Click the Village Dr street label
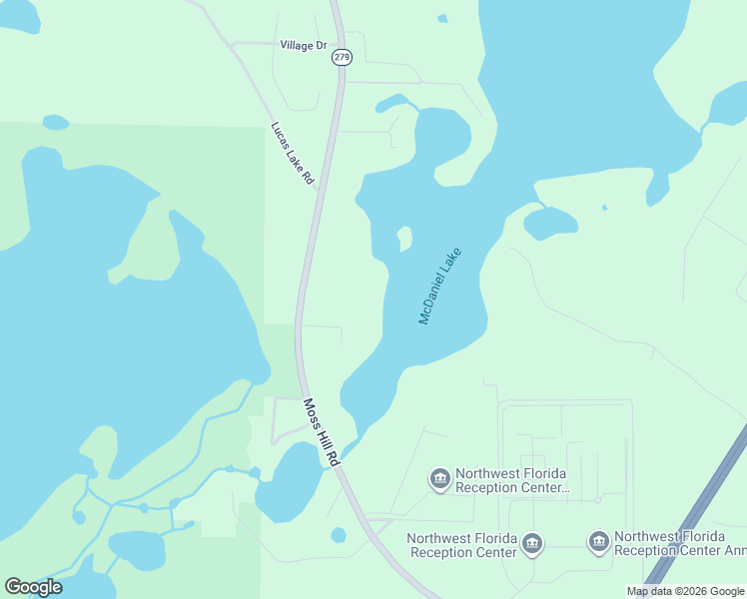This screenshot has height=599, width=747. click(304, 46)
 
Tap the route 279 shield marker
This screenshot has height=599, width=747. click(343, 58)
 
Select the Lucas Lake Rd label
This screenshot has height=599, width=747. click(294, 154)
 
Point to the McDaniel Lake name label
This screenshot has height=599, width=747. click(441, 288)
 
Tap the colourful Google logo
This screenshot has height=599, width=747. click(33, 587)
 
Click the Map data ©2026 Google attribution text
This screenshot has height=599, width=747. click(686, 591)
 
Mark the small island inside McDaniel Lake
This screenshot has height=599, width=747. click(404, 239)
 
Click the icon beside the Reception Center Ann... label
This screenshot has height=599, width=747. click(599, 542)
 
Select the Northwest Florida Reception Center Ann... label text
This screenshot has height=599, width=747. click(679, 543)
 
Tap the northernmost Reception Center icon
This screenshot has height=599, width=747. click(439, 480)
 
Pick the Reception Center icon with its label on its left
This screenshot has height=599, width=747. click(532, 543)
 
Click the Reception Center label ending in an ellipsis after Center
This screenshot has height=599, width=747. click(511, 480)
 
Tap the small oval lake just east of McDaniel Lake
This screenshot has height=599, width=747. click(550, 223)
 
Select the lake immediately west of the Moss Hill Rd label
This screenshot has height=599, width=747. click(287, 481)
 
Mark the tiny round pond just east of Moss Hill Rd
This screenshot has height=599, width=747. click(339, 535)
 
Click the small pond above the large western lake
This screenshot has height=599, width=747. click(56, 123)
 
